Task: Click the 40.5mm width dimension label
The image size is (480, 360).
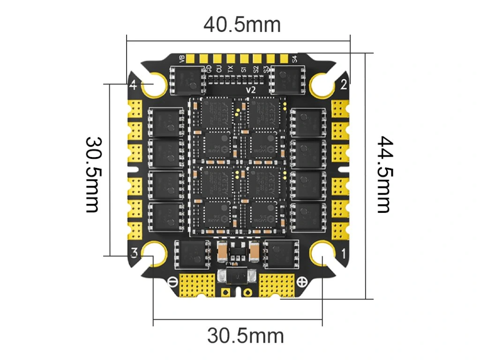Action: point(242,24)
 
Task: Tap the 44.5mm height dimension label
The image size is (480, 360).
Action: point(384,174)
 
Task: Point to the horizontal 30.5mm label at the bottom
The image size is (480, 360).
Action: point(245,336)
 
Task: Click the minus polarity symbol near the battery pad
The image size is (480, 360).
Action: point(172,282)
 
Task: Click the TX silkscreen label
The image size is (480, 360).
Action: point(230,69)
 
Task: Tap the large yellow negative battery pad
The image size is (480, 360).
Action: point(197,283)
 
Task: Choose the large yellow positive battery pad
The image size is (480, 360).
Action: point(277,283)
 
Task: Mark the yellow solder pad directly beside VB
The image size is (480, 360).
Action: point(191,59)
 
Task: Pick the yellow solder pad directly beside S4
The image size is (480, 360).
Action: point(284,59)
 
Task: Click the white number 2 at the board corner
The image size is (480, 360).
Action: point(344,85)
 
